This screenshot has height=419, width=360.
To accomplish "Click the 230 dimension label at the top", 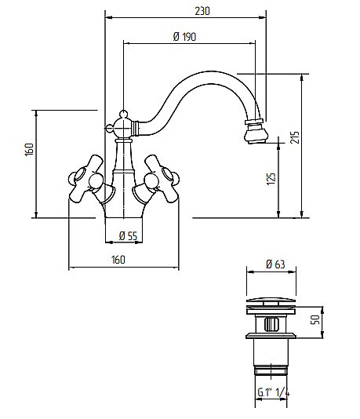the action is [x=202, y=11].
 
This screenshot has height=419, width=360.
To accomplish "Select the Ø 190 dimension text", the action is [x=184, y=37].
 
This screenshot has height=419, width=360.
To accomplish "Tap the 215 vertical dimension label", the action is [x=295, y=137].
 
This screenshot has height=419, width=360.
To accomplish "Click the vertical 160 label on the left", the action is [x=29, y=149].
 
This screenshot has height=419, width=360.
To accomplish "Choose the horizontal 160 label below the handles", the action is [x=118, y=260].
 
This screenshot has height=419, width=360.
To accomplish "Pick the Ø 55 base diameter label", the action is [x=128, y=235].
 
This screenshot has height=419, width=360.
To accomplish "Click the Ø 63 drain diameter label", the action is [x=275, y=264].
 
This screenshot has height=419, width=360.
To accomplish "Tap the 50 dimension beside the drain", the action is [x=315, y=319].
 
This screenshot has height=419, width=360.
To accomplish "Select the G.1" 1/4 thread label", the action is [x=274, y=392].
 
